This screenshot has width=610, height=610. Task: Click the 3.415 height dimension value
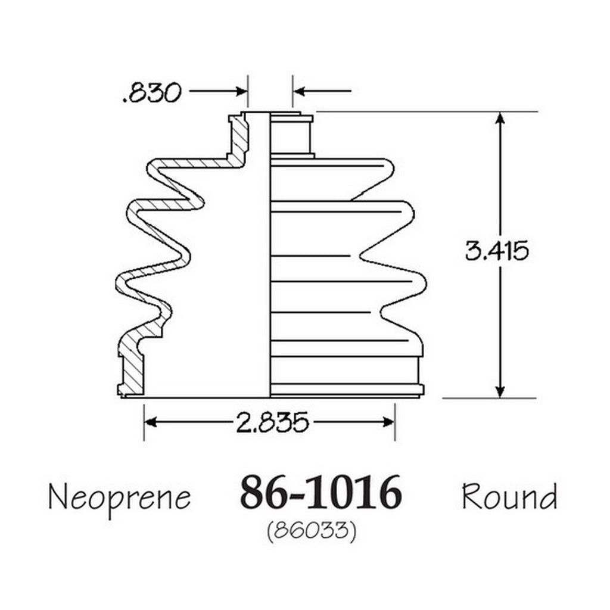(497, 251)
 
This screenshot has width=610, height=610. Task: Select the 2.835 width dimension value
(272, 422)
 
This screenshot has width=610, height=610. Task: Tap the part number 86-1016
(320, 492)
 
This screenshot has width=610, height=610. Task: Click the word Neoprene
(119, 498)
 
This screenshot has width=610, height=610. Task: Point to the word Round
(509, 496)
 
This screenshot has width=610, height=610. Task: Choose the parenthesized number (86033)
(312, 531)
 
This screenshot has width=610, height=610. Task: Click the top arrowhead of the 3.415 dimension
(500, 119)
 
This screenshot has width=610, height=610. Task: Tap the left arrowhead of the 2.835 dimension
(151, 422)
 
